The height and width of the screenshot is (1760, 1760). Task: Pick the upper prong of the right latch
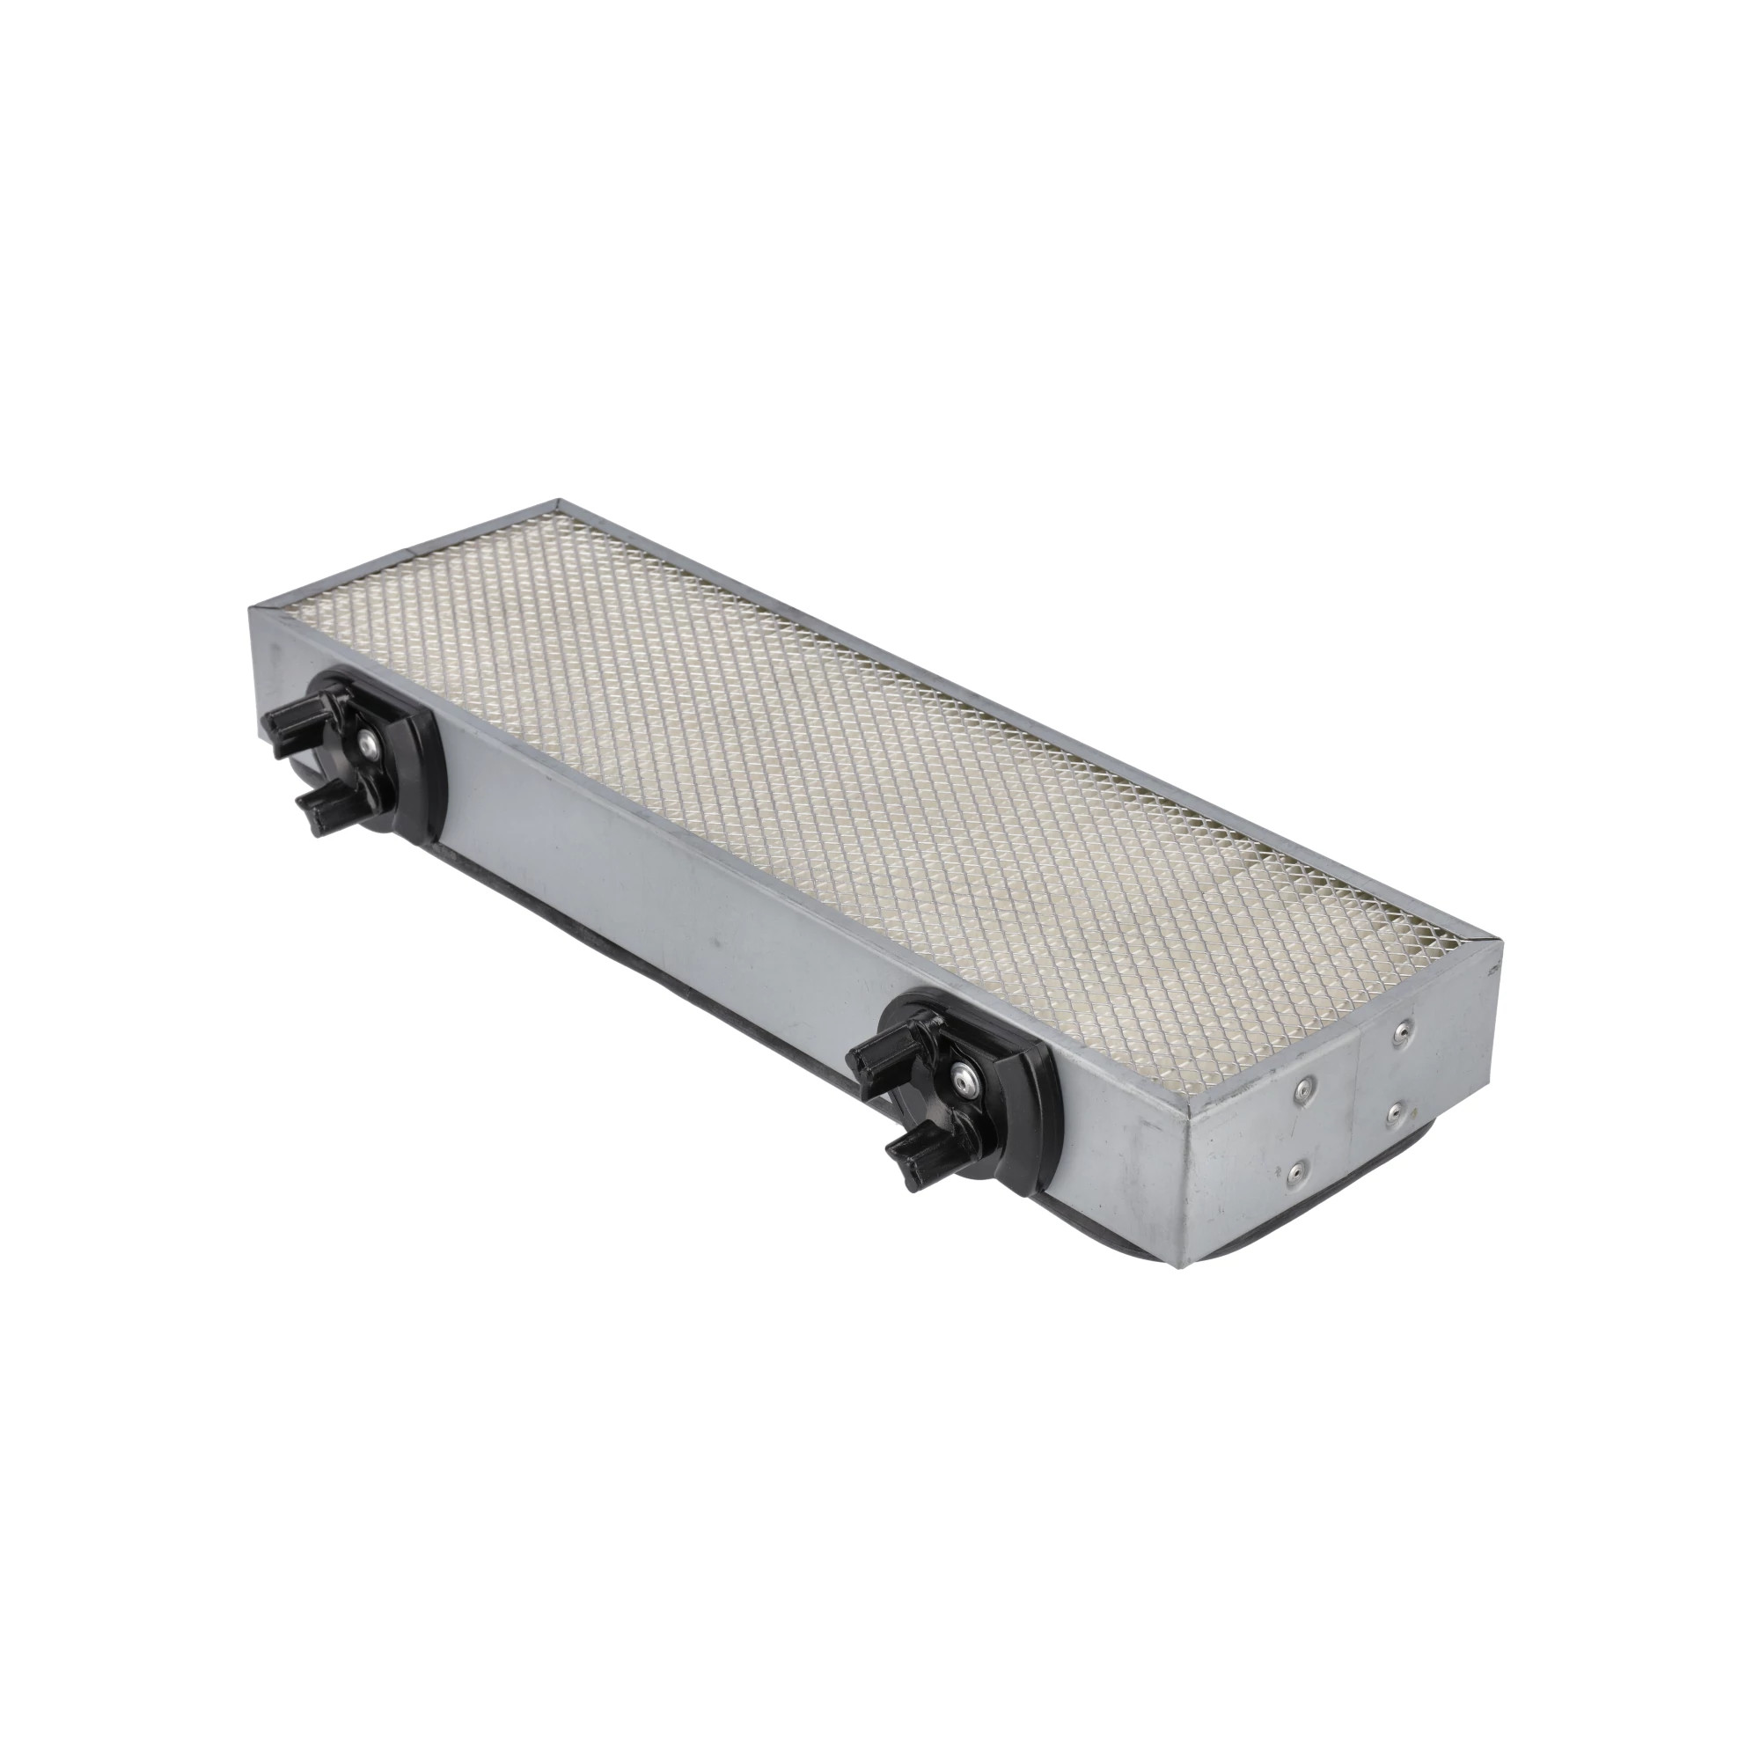coord(882,1052)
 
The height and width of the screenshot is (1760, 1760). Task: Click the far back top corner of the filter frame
coord(558,500)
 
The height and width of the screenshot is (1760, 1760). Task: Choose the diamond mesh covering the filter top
coord(820,729)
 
